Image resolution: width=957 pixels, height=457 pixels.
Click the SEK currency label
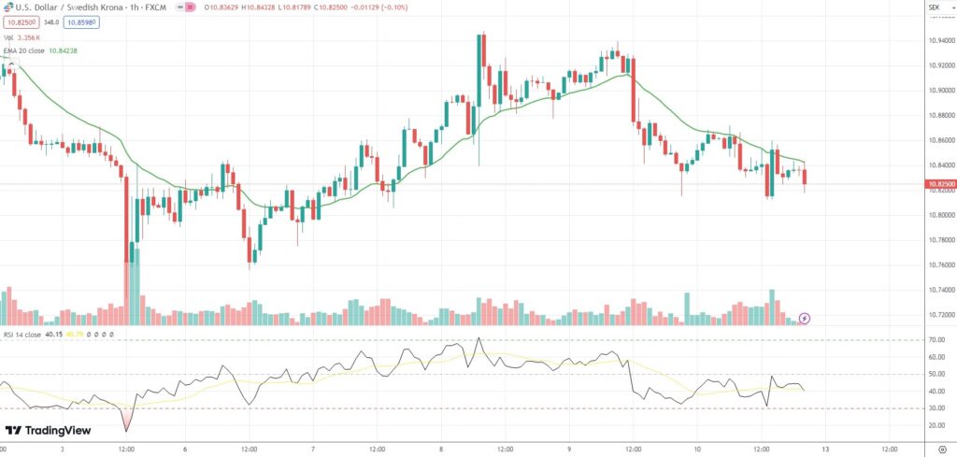(x=933, y=7)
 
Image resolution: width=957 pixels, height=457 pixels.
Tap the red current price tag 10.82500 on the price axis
(x=939, y=184)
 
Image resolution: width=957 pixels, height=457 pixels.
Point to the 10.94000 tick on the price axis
(x=939, y=41)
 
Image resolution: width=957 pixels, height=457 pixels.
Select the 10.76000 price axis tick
(x=939, y=264)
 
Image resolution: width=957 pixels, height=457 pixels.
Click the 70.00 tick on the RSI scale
(x=936, y=340)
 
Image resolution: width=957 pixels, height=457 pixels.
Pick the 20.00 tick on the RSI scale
(x=936, y=425)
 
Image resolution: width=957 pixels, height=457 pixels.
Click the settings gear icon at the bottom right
(x=936, y=447)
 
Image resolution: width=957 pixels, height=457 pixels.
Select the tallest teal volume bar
(x=134, y=284)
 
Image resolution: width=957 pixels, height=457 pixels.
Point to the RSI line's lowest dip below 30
(x=126, y=430)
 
